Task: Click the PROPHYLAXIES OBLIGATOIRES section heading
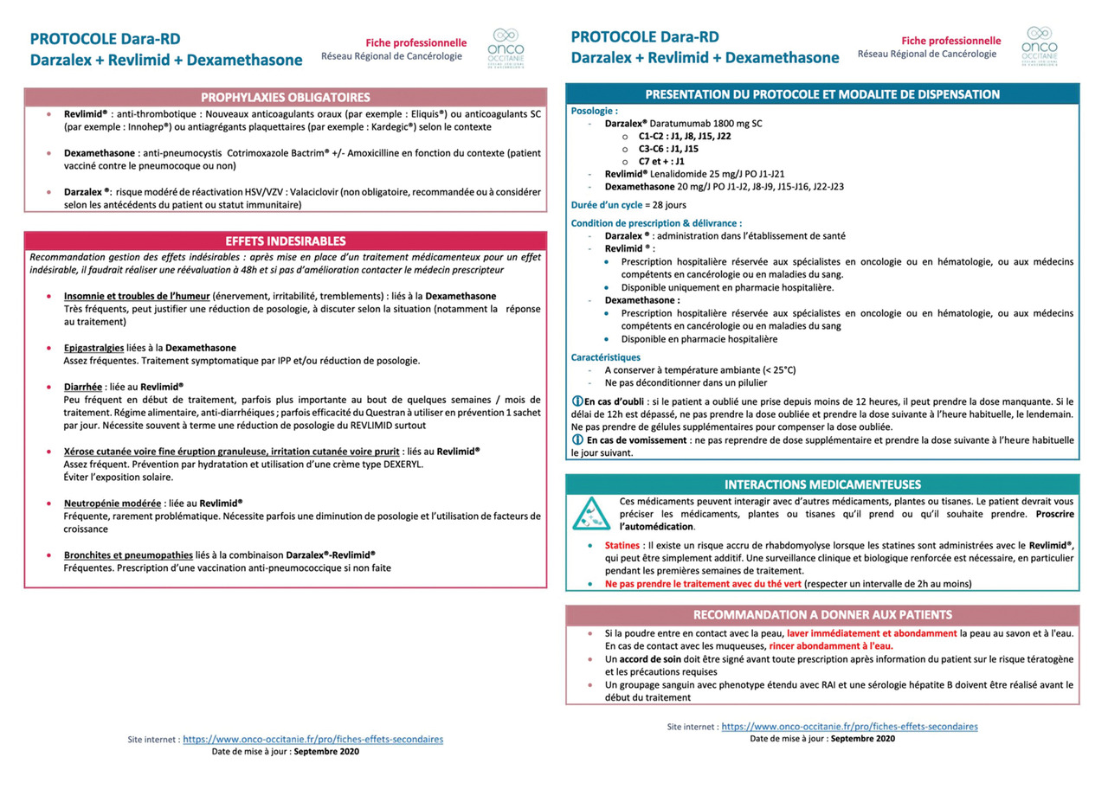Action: click(x=286, y=97)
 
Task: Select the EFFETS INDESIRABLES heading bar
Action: click(x=286, y=241)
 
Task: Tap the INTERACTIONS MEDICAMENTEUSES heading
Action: click(x=822, y=484)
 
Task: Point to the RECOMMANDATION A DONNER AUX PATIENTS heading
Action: click(x=822, y=615)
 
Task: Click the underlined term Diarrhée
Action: click(x=83, y=387)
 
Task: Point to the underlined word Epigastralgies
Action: click(x=93, y=347)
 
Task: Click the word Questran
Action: click(x=366, y=413)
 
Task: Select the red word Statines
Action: click(x=622, y=546)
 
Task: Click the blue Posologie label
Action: click(x=595, y=111)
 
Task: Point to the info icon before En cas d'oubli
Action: click(x=577, y=401)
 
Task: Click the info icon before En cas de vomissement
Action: click(x=577, y=439)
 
